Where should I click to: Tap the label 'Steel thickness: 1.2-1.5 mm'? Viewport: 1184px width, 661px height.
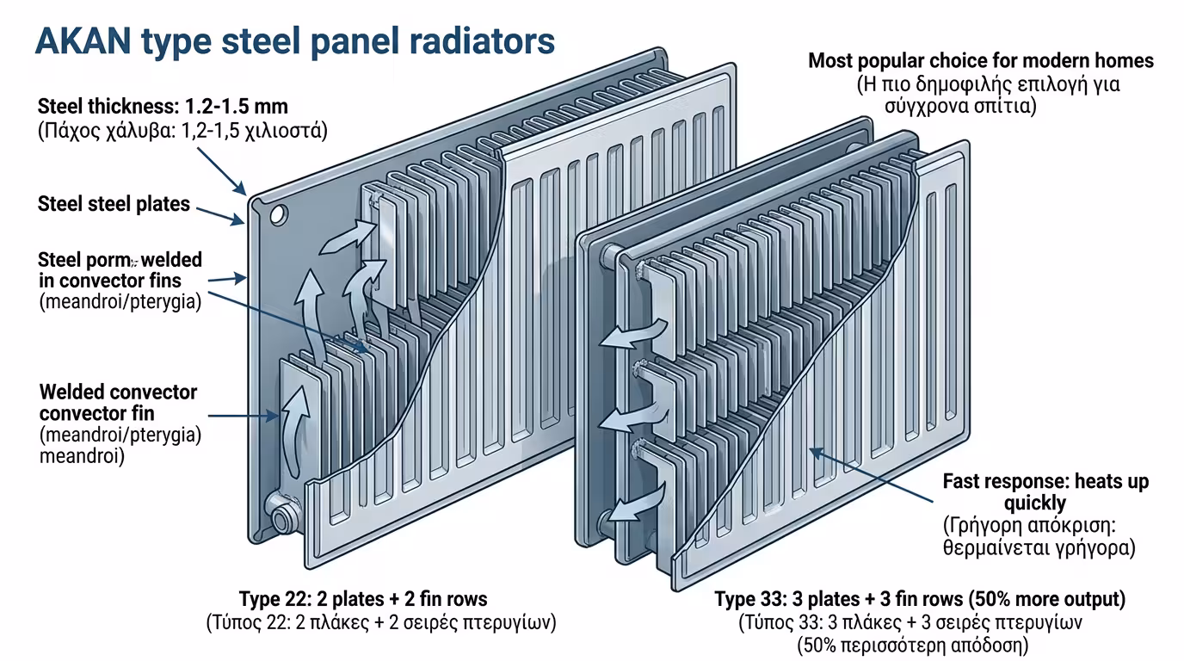(163, 108)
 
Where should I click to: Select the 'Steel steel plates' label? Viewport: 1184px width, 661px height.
(114, 204)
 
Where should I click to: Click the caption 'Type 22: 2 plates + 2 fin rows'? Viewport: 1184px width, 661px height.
(362, 599)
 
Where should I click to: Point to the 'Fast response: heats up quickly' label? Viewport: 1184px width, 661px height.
(1045, 492)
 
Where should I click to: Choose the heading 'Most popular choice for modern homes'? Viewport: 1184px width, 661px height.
(981, 61)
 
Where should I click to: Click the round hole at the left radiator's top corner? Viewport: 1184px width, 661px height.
(278, 213)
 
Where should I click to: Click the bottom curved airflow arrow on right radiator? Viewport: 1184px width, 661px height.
(637, 503)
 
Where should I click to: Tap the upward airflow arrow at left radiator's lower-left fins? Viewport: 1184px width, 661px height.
(294, 429)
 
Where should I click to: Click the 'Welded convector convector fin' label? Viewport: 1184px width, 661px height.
(118, 403)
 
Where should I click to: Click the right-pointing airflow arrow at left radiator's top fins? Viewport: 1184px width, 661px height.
(348, 238)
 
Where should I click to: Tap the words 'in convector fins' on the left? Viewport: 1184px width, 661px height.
(110, 281)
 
